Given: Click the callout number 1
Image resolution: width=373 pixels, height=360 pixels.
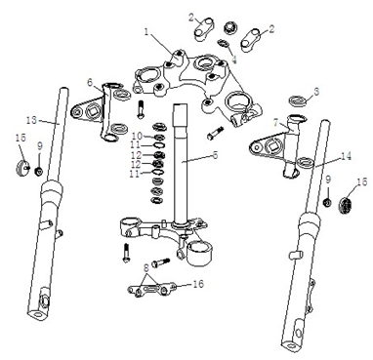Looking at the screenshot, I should (147, 32).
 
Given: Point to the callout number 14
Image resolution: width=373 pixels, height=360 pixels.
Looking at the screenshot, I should (320, 154).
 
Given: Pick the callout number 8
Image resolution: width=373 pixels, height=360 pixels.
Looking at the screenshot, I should (146, 264).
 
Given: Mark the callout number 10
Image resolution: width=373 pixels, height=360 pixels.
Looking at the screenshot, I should (137, 135).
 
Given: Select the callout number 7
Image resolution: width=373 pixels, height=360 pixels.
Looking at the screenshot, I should (277, 124).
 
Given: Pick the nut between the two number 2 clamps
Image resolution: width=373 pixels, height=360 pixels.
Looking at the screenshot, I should (232, 25).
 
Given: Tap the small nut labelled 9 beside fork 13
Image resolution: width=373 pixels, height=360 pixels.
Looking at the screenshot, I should (38, 174).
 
